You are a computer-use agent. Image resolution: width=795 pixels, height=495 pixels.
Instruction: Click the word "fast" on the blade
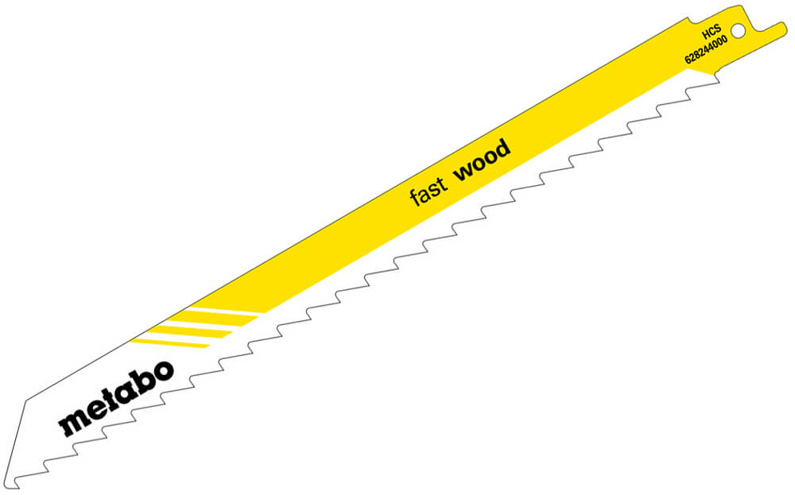click(x=429, y=191)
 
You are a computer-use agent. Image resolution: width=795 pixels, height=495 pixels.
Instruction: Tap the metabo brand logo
click(x=116, y=398)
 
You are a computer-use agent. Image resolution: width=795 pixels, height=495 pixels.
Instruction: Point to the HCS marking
click(x=712, y=33)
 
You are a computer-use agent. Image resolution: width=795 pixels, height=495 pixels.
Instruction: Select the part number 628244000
click(x=706, y=49)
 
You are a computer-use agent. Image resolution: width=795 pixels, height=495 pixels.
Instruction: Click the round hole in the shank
click(x=739, y=31)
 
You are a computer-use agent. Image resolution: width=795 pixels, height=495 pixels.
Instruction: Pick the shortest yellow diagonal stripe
click(x=169, y=343)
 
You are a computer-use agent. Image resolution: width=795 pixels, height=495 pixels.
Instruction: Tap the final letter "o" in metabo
click(x=161, y=373)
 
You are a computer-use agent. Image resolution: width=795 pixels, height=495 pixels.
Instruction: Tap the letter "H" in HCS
click(x=705, y=36)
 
